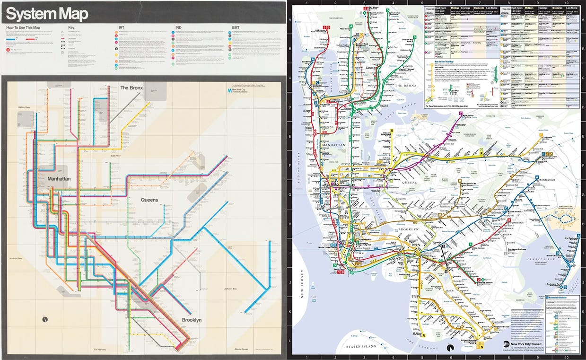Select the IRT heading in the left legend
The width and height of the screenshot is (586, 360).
coord(122,27)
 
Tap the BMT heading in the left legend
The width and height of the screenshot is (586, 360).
coord(236,27)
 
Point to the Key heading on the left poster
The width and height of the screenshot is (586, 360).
coord(71,27)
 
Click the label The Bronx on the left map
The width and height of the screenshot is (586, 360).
coord(131,88)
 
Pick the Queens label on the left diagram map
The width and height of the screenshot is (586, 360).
coord(149,200)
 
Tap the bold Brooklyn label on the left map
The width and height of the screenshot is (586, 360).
coord(192,320)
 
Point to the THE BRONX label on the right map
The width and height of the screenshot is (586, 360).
coord(405,85)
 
